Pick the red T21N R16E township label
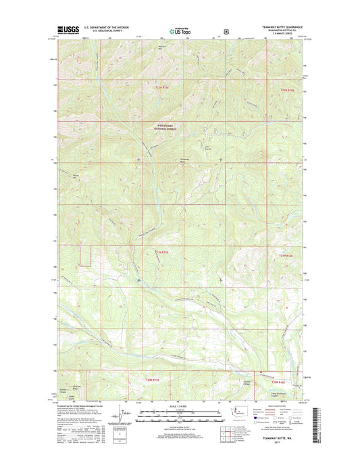[287, 255]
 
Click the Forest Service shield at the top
[224, 30]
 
